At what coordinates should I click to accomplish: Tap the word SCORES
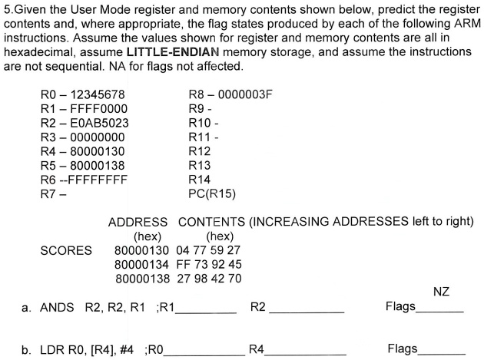pos(66,250)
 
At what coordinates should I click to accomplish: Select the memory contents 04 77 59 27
pos(209,250)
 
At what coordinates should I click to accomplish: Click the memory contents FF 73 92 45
pos(209,265)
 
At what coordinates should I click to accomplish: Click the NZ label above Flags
pos(440,292)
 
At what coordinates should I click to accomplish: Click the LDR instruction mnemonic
pos(53,350)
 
